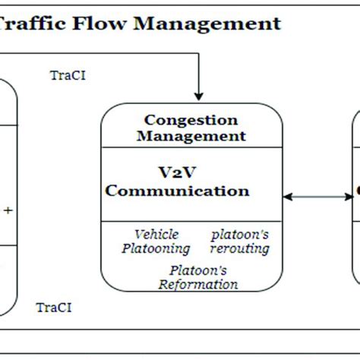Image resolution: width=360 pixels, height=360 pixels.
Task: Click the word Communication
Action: pos(177,190)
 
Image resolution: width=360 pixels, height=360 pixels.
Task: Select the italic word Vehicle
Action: pos(156,234)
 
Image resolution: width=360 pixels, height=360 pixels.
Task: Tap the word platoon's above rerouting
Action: pos(240,234)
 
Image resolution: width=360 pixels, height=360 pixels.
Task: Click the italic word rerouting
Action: pos(241,248)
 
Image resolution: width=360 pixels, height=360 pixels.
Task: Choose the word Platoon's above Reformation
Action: pos(197,270)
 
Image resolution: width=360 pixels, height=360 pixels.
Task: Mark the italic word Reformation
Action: pos(197,284)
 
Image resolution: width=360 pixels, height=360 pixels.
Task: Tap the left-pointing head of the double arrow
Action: pos(287,197)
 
